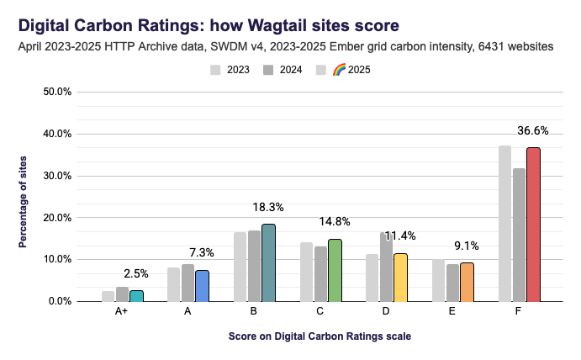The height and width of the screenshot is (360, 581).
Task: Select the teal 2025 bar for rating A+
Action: [136, 295]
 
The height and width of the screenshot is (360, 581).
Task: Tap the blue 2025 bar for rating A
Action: [202, 285]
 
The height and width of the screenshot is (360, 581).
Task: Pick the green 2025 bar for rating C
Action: [335, 270]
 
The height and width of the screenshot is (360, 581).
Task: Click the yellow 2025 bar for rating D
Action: [401, 277]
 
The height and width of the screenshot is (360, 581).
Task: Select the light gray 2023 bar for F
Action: [504, 223]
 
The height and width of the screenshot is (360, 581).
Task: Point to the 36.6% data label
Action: [533, 130]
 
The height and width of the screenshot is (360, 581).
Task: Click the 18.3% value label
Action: [268, 206]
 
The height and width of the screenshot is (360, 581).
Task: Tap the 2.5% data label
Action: [136, 273]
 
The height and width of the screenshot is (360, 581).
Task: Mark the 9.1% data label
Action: [467, 246]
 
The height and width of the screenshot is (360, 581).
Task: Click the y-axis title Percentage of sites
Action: [24, 195]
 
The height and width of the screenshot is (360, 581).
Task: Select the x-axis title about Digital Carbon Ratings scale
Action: [320, 336]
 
